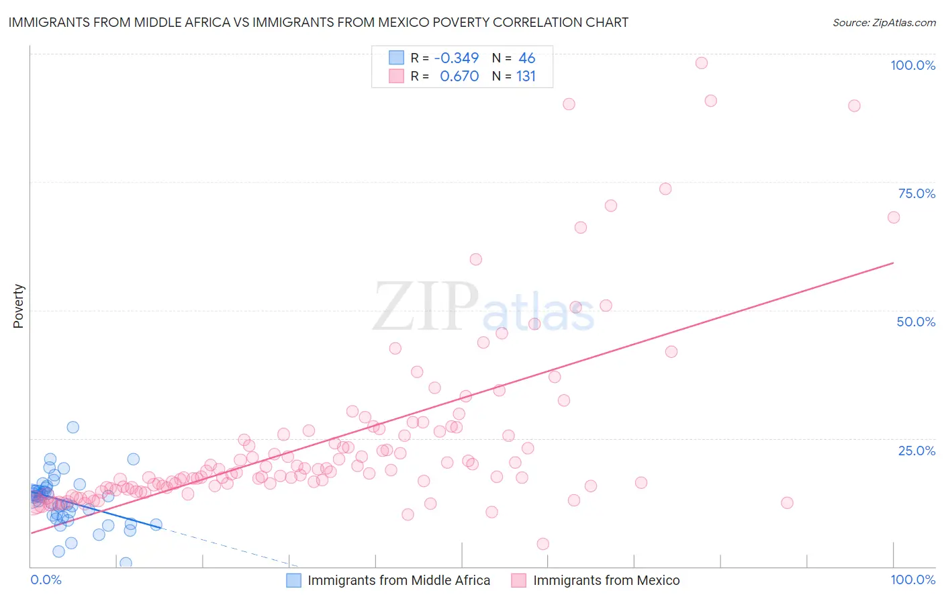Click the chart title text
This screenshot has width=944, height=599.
coord(318,22)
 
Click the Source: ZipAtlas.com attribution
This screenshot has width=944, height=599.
coord(884,22)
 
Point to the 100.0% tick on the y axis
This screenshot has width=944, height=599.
coord(912,65)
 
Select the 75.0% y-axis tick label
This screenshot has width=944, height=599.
coord(916,193)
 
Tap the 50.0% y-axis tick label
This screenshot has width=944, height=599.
coord(916,322)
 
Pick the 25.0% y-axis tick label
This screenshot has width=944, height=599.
coord(916,450)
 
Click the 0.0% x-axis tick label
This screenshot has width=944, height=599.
coord(46,580)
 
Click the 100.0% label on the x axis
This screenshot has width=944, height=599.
coord(912,580)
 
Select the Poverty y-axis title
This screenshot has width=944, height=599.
coord(18,306)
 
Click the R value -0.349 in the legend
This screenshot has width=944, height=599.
coord(457,58)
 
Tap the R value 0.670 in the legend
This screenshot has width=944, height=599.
coord(459,76)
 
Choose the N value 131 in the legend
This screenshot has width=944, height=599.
coord(526,76)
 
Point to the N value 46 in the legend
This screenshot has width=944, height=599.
coord(526,58)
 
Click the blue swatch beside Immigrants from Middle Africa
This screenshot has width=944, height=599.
coord(294,580)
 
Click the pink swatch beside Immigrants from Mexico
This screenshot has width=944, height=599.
coord(518,580)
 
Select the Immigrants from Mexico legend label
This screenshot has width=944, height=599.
coord(606,580)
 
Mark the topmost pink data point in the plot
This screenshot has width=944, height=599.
coord(702,63)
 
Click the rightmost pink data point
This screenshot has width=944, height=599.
coord(894,218)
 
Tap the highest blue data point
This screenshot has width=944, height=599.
coord(73,427)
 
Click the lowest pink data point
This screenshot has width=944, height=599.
coord(543,544)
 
